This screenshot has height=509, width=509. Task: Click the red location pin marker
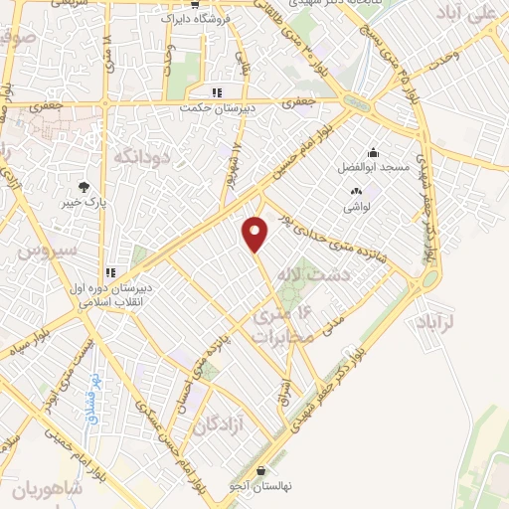[x=255, y=234]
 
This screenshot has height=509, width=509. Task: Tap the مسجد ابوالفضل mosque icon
[x=373, y=152]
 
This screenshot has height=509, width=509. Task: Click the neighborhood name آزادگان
[x=220, y=425]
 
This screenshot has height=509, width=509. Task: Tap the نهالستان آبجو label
[x=260, y=486]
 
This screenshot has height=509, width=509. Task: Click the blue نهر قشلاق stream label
[x=86, y=387]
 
